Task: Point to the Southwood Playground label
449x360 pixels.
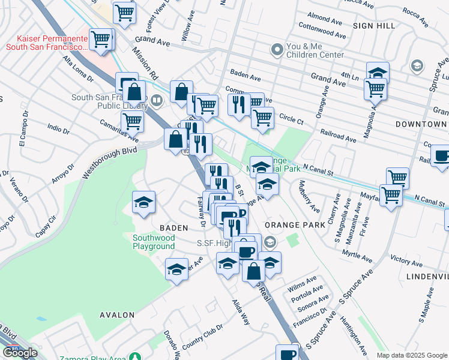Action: [154, 242]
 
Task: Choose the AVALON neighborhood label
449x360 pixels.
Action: [117, 314]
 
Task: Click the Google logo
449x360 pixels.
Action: [20, 353]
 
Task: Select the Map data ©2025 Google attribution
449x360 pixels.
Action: [412, 355]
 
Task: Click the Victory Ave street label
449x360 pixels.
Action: [406, 260]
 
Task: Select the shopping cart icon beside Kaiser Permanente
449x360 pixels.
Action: [101, 40]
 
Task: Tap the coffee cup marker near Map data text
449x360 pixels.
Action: [288, 353]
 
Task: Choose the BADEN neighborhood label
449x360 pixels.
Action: [173, 228]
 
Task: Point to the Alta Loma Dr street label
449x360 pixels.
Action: [79, 69]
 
